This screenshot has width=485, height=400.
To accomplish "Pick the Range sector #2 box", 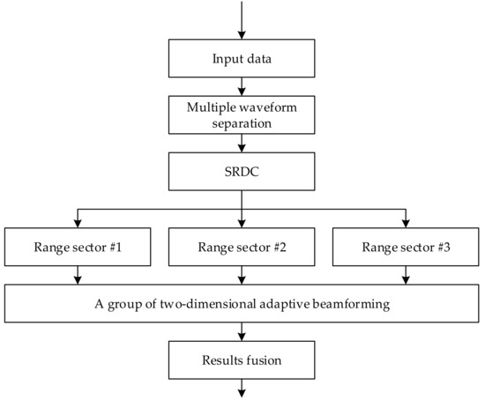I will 241,248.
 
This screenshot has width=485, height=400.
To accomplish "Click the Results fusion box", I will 241,360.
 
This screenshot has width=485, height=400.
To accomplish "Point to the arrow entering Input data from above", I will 241,22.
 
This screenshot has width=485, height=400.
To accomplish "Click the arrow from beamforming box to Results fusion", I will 241,332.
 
